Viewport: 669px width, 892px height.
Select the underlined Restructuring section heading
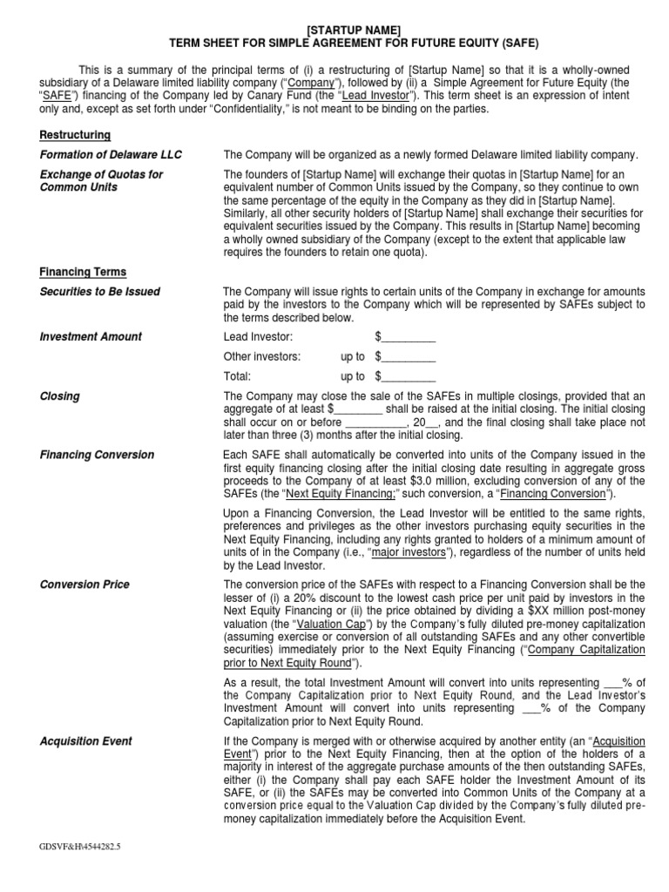tap(75, 135)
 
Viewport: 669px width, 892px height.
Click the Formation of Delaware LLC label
tap(111, 155)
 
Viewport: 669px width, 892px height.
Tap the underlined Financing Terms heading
tap(83, 272)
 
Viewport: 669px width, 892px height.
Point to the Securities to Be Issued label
tap(100, 292)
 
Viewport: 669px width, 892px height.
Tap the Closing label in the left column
tap(59, 396)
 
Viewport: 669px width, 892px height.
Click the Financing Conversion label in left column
tap(97, 455)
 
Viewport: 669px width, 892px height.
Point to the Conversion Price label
tap(84, 585)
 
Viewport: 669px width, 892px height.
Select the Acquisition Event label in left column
tap(86, 741)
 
